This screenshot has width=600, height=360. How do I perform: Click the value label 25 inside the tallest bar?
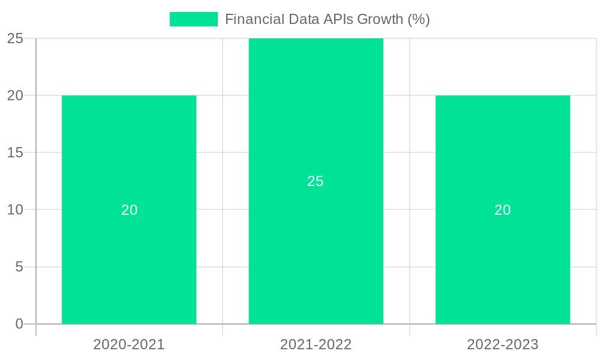316,181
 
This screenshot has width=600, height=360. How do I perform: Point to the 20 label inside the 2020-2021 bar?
130,210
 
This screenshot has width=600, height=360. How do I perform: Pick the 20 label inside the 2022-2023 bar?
503,210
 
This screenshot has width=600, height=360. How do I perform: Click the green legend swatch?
193,19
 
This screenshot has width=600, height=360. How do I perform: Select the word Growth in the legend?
380,19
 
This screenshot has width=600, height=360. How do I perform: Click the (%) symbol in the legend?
419,19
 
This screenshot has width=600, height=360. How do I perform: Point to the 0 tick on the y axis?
19,324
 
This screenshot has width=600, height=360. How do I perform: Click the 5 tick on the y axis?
19,267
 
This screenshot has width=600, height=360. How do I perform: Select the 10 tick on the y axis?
15,210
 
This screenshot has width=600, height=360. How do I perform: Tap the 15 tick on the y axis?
15,153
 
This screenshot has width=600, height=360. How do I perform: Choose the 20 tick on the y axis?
15,95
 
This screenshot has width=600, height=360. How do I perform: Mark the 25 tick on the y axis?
15,38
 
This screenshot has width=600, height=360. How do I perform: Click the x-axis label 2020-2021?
129,344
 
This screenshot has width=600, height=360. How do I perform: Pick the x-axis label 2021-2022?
316,344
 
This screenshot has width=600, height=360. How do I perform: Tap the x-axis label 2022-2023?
503,344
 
